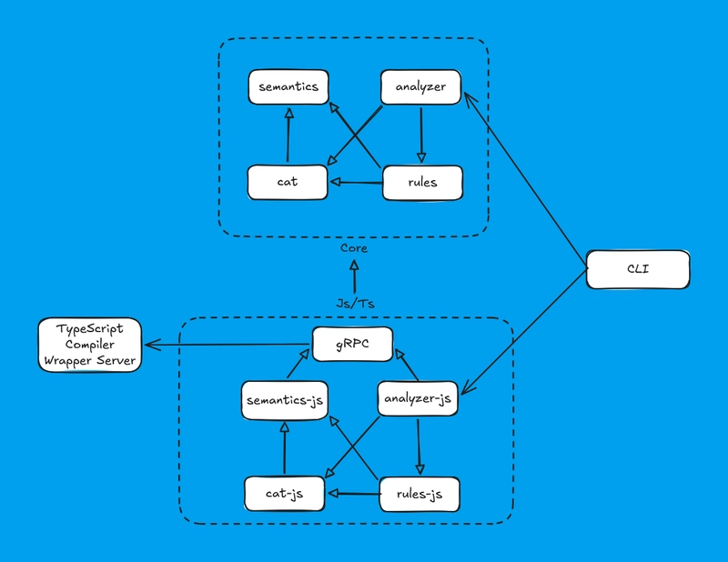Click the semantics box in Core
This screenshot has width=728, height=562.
coord(288,87)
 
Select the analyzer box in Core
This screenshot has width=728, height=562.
coord(420,87)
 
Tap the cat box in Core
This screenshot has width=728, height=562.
coord(288,182)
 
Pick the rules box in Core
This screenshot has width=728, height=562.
coord(422,182)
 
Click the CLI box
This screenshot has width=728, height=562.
coord(638,270)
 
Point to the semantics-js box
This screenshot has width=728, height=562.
coord(284,400)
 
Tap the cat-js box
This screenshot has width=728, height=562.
coord(286,494)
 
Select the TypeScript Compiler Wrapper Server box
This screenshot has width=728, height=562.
coord(89,344)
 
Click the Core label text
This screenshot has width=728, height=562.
coord(354,247)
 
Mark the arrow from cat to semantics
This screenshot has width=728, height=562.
coord(288,136)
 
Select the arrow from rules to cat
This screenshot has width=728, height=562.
coord(357,183)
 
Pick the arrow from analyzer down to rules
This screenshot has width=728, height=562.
coord(420,135)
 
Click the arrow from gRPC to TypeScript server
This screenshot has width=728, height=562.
coord(227,345)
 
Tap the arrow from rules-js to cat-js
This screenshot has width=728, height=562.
coord(353,495)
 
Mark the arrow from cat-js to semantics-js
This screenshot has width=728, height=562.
coord(284,447)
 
